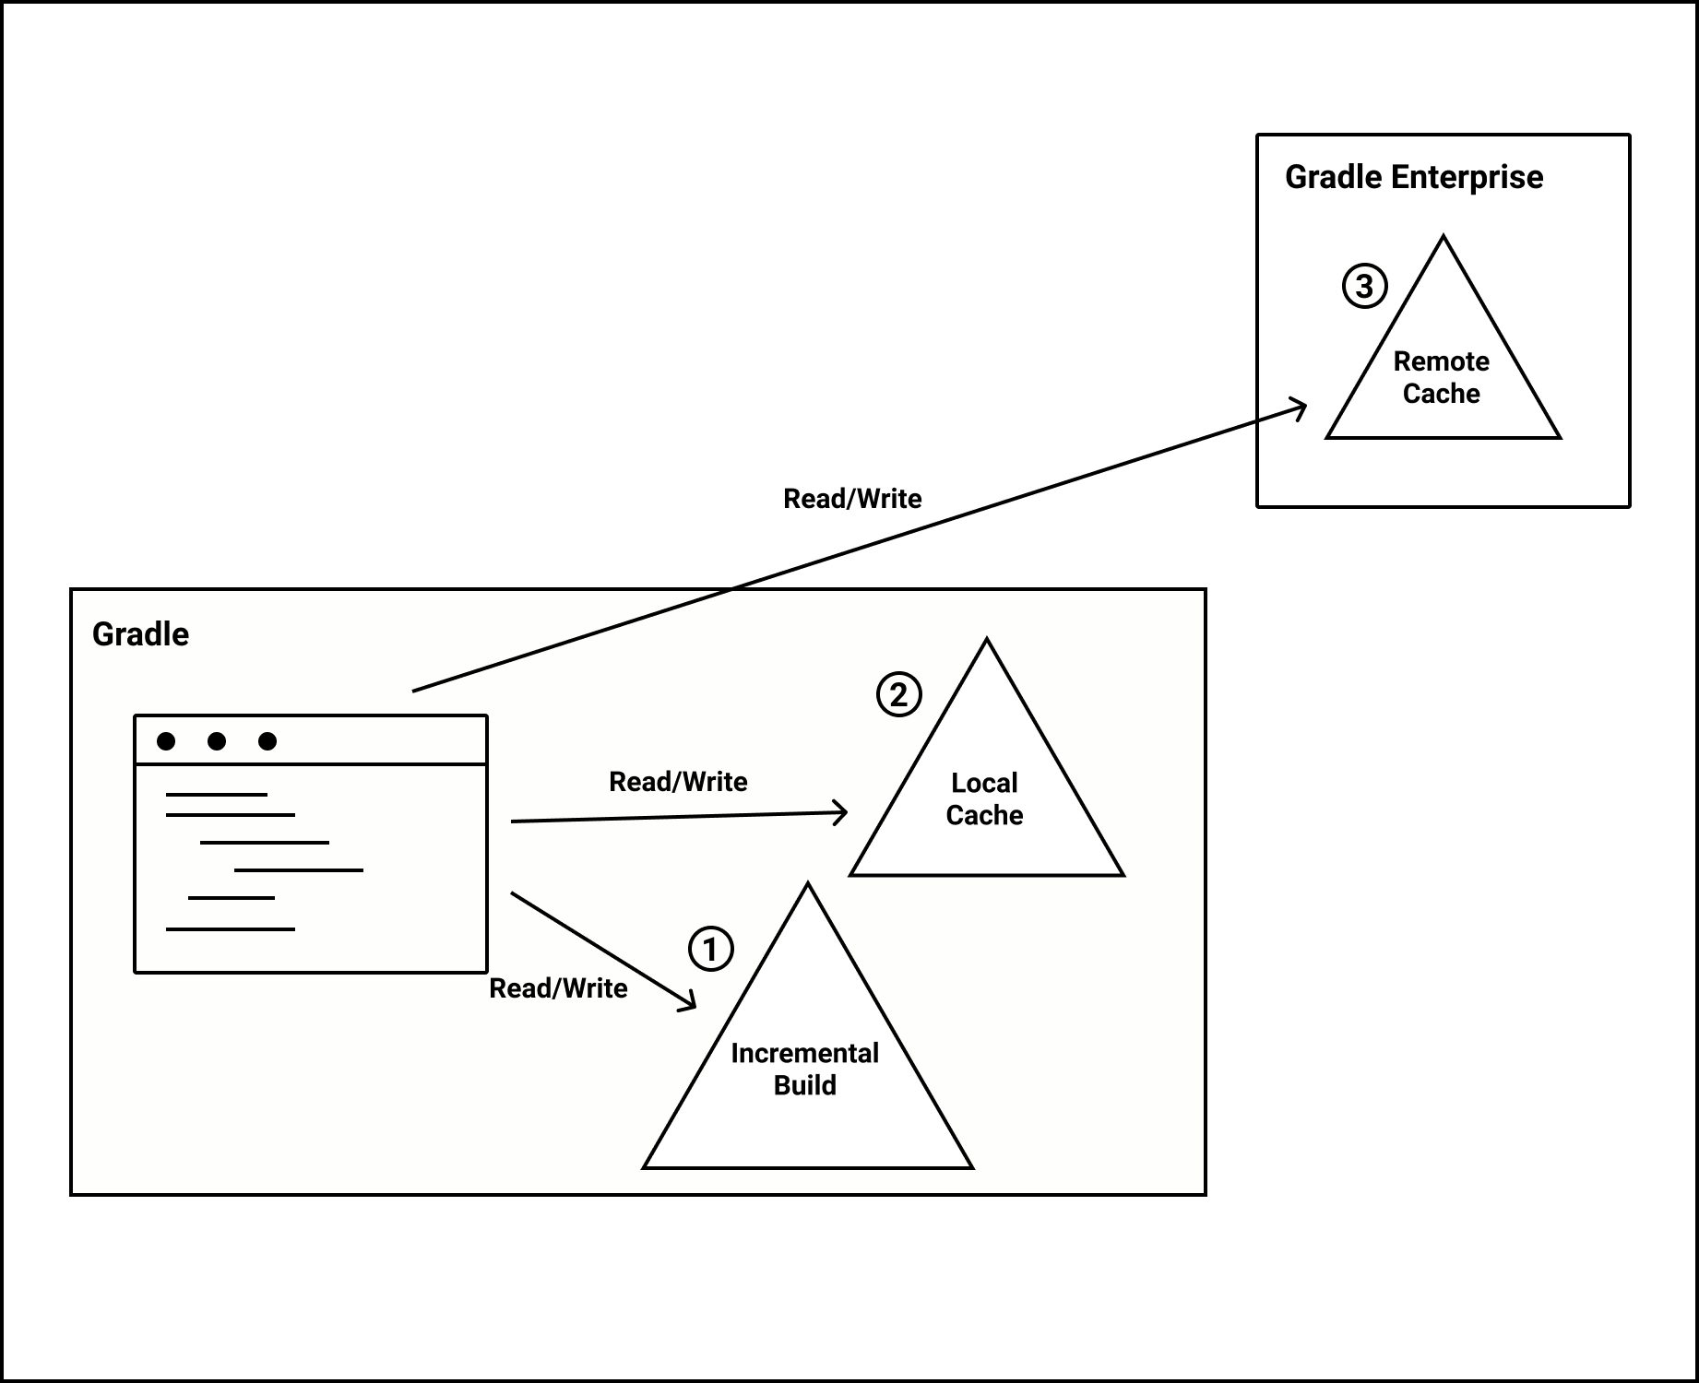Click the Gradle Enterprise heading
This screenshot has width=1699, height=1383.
(x=1413, y=177)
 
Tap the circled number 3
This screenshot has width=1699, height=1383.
(x=1364, y=286)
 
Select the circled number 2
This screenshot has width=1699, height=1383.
(x=898, y=694)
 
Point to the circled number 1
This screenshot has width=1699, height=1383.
(x=710, y=949)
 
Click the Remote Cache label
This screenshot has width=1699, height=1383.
(x=1441, y=377)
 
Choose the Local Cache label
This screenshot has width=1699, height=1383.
(x=984, y=799)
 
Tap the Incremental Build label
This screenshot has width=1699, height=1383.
(x=804, y=1070)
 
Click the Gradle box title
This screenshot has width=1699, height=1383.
(x=140, y=634)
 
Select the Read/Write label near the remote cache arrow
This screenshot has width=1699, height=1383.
(x=852, y=499)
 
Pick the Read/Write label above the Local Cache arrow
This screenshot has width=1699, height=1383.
(x=678, y=782)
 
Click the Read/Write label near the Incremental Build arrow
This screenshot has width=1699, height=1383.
(x=558, y=988)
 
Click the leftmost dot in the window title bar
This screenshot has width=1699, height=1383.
(x=166, y=741)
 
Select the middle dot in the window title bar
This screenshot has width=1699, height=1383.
(x=217, y=741)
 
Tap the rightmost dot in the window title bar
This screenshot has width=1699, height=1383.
(x=267, y=741)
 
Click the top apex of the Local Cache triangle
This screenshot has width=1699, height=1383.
(x=986, y=641)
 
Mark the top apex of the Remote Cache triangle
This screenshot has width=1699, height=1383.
(x=1443, y=238)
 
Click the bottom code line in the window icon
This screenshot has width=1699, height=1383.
(x=231, y=928)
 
